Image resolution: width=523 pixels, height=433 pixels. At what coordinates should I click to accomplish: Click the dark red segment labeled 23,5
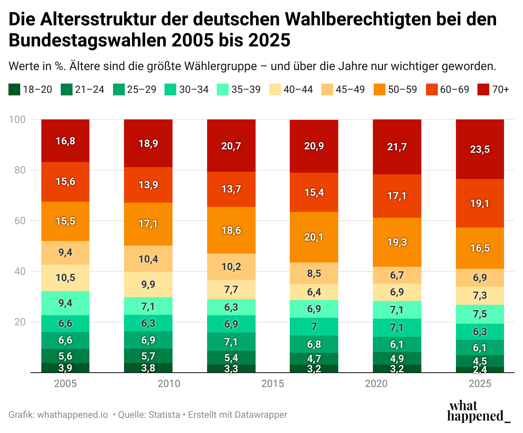tap(480, 149)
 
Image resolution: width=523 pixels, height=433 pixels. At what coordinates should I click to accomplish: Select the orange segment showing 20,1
tap(314, 237)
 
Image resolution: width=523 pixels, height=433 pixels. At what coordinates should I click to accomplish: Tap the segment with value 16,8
tap(65, 141)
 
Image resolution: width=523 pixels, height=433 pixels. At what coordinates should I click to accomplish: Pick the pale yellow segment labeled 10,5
tap(65, 278)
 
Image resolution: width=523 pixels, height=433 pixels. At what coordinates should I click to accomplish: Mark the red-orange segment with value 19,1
tap(480, 203)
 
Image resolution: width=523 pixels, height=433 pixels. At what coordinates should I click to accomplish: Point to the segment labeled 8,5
tap(314, 273)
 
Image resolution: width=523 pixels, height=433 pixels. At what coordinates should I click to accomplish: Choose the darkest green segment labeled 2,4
tap(480, 370)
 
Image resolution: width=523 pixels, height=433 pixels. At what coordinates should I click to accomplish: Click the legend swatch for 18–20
tap(14, 89)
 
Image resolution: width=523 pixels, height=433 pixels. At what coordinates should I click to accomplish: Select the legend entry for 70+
tap(493, 89)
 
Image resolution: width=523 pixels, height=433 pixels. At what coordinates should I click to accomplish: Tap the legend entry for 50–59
tap(395, 89)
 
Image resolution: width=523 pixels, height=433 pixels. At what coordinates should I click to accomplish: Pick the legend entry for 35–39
tap(239, 89)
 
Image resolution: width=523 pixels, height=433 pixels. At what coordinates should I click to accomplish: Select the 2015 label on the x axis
tap(272, 384)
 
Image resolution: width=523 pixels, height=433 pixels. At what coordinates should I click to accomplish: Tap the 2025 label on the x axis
tap(480, 384)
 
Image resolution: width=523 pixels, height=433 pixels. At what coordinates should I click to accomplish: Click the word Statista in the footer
tap(164, 415)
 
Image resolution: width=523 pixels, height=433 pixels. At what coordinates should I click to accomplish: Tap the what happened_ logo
tap(478, 411)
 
